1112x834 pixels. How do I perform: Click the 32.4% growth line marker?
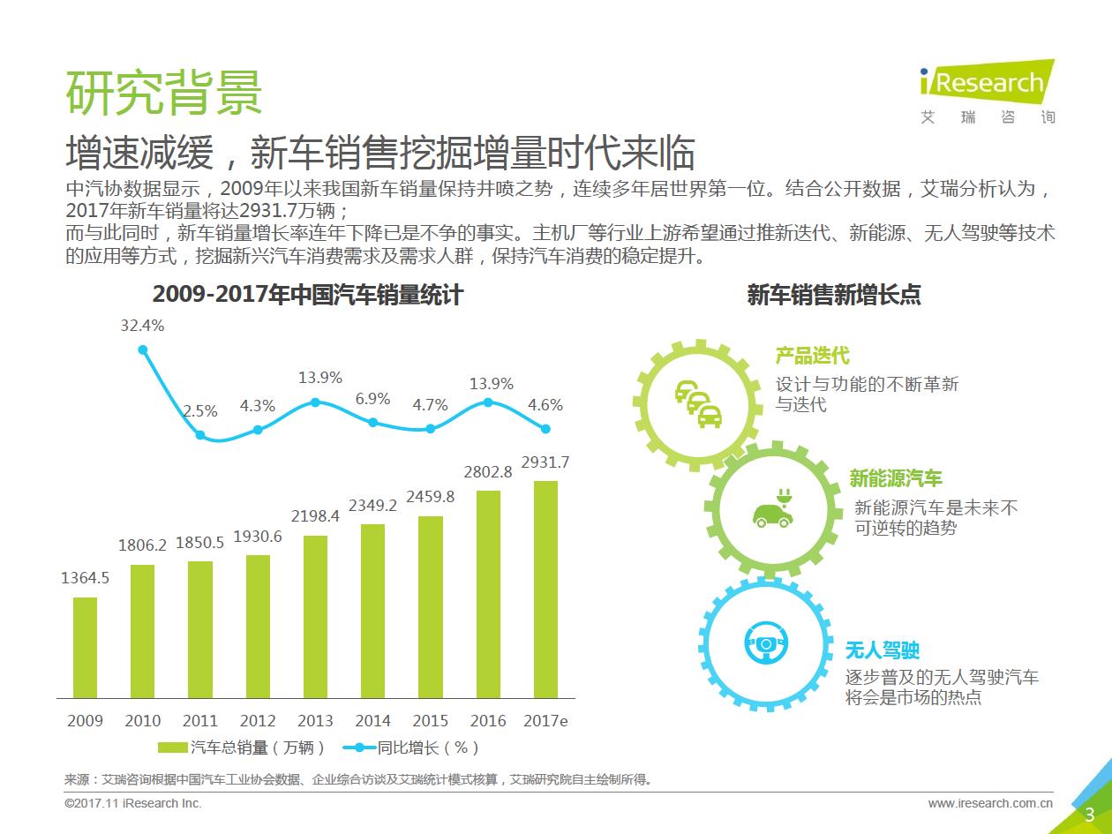143,349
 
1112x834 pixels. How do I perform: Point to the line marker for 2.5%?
200,435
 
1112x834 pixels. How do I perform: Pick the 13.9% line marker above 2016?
488,402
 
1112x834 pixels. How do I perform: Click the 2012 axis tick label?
258,721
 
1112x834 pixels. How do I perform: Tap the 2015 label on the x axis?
430,721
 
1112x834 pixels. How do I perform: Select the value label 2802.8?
488,472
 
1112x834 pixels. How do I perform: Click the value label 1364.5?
86,578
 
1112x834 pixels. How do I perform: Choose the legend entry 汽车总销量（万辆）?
242,748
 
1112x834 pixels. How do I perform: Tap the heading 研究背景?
164,91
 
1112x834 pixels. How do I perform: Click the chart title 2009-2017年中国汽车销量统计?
308,295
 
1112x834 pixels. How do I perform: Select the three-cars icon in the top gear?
697,403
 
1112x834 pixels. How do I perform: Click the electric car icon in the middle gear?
769,509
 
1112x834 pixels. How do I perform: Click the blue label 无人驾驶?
883,650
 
